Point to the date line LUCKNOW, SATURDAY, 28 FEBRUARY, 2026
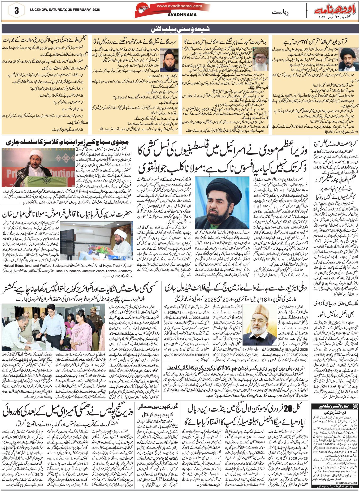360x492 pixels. click(x=65, y=10)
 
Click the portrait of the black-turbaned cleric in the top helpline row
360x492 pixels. click(x=349, y=58)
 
